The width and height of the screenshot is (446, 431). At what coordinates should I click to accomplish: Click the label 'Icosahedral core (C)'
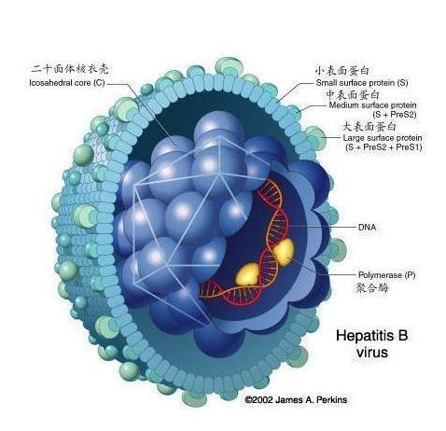pyautogui.click(x=67, y=83)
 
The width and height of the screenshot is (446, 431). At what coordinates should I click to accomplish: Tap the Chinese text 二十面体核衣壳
pyautogui.click(x=70, y=69)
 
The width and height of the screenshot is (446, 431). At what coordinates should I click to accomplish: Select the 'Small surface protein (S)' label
pyautogui.click(x=362, y=83)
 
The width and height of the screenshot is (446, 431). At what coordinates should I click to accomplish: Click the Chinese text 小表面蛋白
pyautogui.click(x=341, y=71)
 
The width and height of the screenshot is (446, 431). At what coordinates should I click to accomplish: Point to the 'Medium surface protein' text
pyautogui.click(x=372, y=105)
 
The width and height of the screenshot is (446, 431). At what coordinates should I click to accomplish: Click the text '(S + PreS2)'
pyautogui.click(x=395, y=115)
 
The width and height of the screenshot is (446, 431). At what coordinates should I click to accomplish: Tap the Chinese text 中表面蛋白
pyautogui.click(x=353, y=94)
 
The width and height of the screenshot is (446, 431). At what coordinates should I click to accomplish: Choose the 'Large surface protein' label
pyautogui.click(x=383, y=137)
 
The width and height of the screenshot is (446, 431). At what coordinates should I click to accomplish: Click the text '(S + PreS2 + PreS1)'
pyautogui.click(x=383, y=147)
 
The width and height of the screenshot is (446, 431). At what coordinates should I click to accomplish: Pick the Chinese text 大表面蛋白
pyautogui.click(x=369, y=126)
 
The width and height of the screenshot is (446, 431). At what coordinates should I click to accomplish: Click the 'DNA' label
pyautogui.click(x=367, y=228)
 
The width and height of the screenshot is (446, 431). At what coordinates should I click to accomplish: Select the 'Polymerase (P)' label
pyautogui.click(x=386, y=275)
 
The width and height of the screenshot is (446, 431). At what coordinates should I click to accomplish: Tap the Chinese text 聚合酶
pyautogui.click(x=372, y=288)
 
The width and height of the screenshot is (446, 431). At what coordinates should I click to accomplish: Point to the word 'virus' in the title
pyautogui.click(x=372, y=353)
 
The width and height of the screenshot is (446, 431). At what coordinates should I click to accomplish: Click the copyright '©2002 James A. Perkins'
pyautogui.click(x=296, y=399)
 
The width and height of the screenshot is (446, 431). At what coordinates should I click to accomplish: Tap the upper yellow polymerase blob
pyautogui.click(x=284, y=252)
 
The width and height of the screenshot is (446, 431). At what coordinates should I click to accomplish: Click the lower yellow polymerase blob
pyautogui.click(x=247, y=274)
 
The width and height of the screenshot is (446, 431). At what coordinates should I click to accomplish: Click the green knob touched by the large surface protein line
pyautogui.click(x=316, y=137)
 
